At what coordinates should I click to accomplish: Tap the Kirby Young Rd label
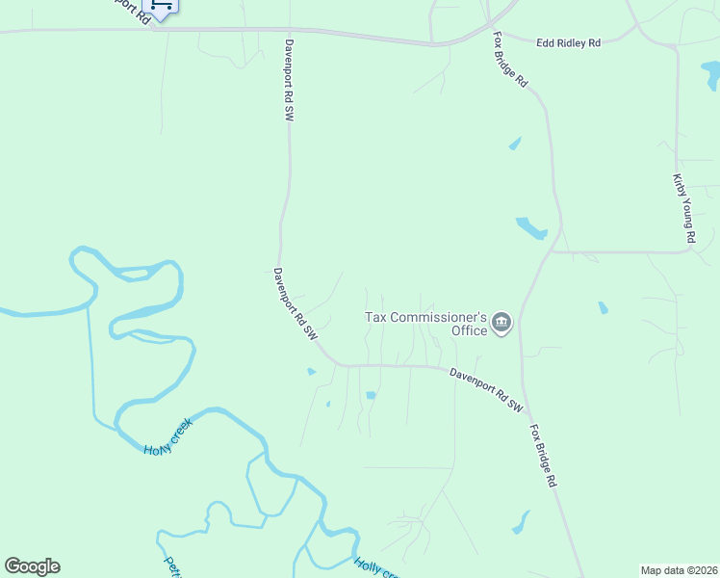(683, 208)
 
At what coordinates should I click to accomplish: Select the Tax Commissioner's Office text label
(425, 323)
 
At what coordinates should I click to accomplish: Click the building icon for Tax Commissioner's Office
(501, 323)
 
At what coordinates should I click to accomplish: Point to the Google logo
(32, 565)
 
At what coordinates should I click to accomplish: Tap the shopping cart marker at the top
(162, 7)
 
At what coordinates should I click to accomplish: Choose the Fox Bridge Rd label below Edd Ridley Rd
(511, 61)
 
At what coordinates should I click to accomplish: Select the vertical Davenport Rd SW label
(288, 79)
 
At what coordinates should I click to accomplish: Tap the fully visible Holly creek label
(168, 436)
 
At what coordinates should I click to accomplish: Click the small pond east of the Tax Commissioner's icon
(604, 308)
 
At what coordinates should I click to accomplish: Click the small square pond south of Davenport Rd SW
(371, 395)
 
